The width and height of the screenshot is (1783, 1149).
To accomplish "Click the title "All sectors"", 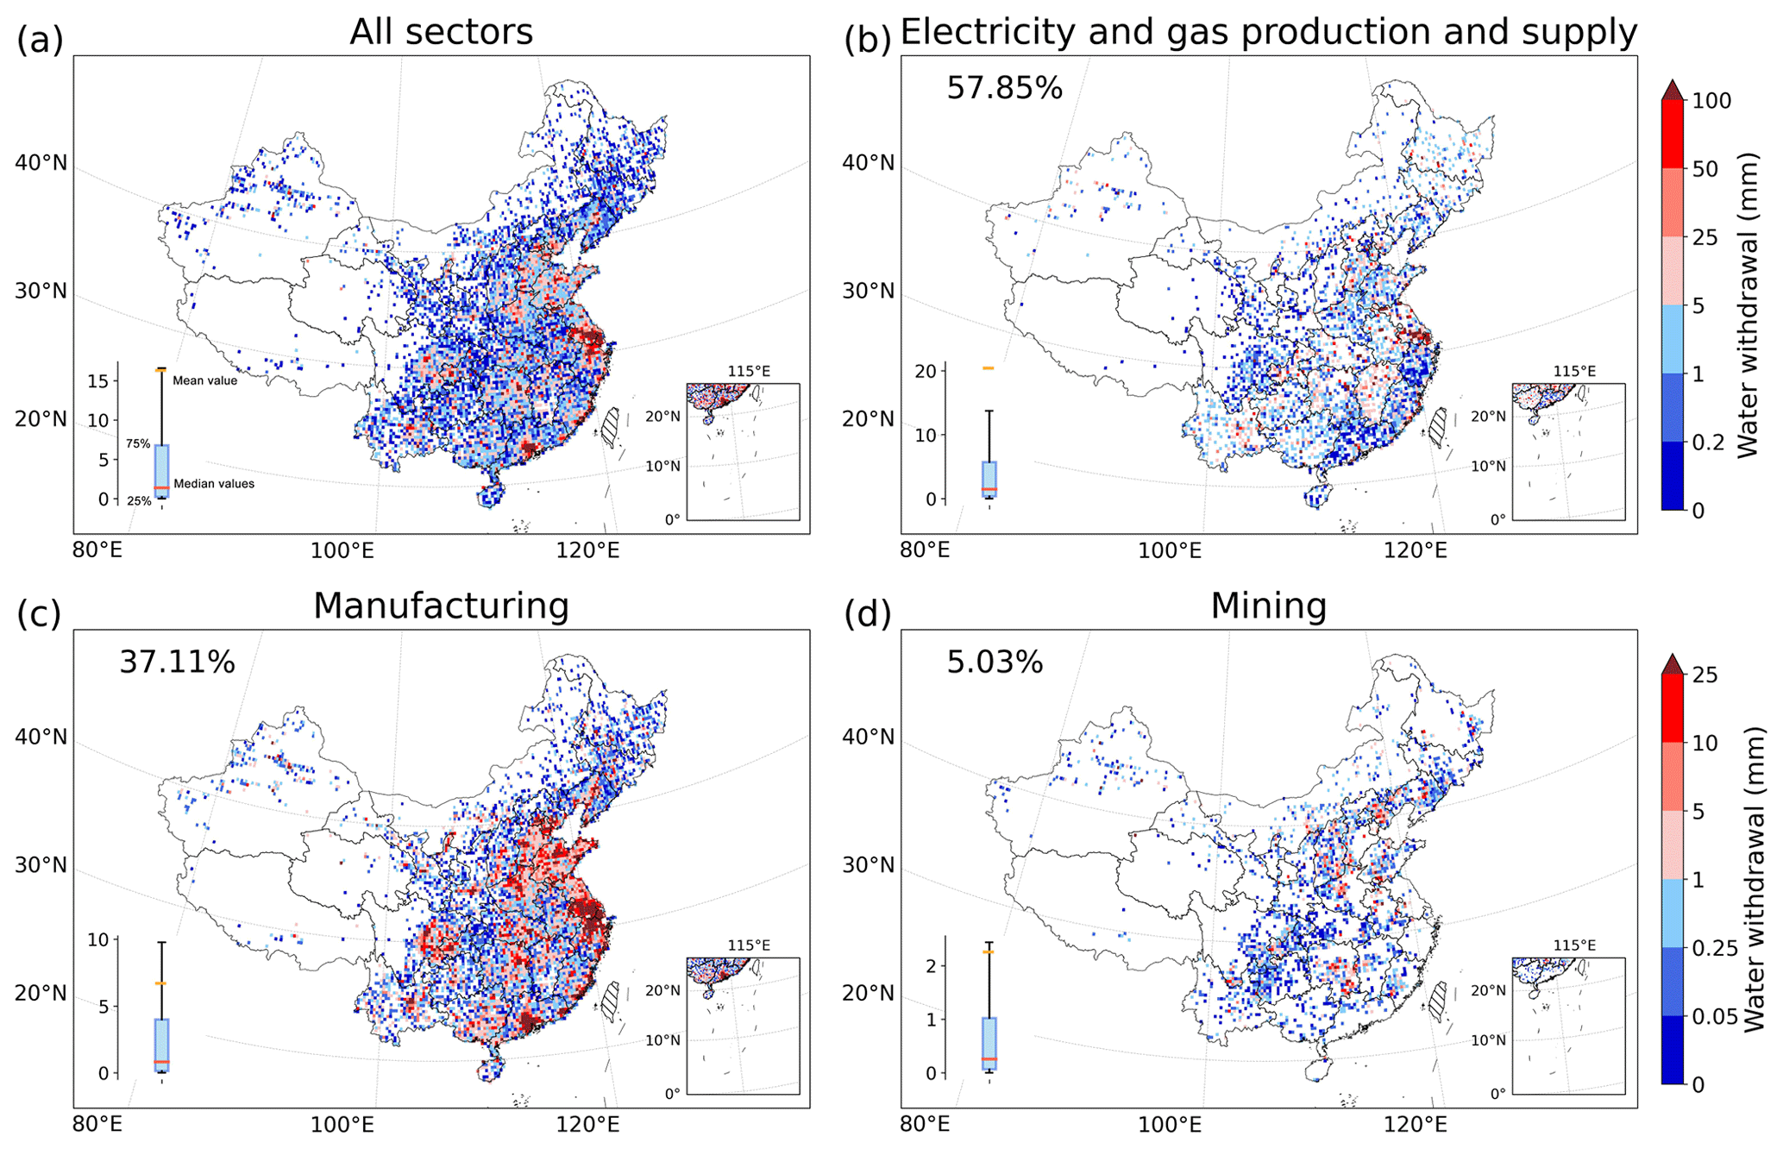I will click(441, 32).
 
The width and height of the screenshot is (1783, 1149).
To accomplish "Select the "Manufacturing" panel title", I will click(441, 606).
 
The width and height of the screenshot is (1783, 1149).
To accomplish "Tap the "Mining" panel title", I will click(1268, 606).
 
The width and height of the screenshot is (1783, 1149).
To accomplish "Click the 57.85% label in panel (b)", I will click(1004, 88).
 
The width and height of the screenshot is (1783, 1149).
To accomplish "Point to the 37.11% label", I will click(177, 662).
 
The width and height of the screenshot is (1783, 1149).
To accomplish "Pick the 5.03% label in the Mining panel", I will click(995, 662).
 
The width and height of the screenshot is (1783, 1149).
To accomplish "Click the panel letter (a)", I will click(40, 40).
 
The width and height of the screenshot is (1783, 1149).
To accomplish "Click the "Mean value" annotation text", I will click(204, 380).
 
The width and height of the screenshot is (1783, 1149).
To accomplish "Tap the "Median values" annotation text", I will click(214, 484).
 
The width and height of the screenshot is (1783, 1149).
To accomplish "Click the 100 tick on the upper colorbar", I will click(1711, 101).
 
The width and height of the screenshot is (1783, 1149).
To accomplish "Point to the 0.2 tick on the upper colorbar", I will click(1708, 443).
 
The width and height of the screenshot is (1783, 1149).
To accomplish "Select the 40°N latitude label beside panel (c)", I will click(41, 737).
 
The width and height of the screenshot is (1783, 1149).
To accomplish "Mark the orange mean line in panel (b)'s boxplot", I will click(988, 368).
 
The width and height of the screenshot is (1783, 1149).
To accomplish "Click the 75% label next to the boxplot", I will click(138, 444).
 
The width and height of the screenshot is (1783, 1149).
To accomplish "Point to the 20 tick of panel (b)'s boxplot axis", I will click(926, 371).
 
